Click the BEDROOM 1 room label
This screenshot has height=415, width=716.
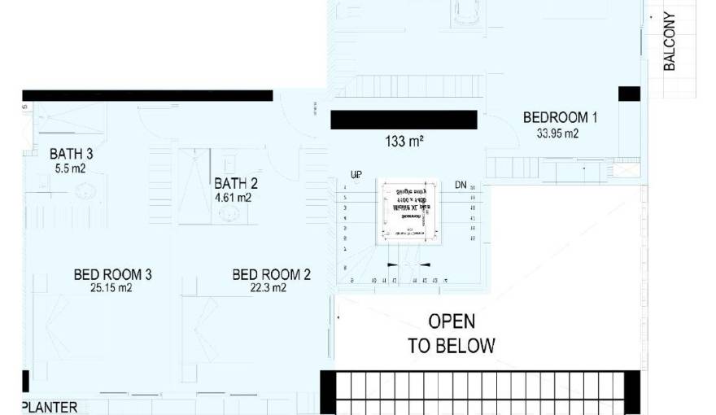tap(560, 117)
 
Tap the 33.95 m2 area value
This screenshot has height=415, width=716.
tap(557, 133)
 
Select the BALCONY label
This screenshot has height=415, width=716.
tap(670, 41)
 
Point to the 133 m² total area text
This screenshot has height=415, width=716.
tap(404, 142)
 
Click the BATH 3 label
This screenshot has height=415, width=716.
tap(72, 154)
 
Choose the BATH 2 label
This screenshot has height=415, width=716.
tap(236, 183)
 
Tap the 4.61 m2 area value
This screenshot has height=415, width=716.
tap(233, 198)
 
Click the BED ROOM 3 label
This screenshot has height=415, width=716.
tap(112, 275)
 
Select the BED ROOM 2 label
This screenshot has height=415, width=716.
tap(271, 275)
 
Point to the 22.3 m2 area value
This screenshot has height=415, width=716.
tap(268, 288)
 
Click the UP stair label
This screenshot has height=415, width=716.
tap(356, 175)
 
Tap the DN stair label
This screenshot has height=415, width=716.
tap(461, 186)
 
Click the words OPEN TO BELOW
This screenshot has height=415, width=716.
tap(451, 334)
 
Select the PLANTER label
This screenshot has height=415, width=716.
tap(50, 407)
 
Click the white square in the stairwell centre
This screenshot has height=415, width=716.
tap(407, 212)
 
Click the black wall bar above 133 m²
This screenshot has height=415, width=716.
tap(404, 120)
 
